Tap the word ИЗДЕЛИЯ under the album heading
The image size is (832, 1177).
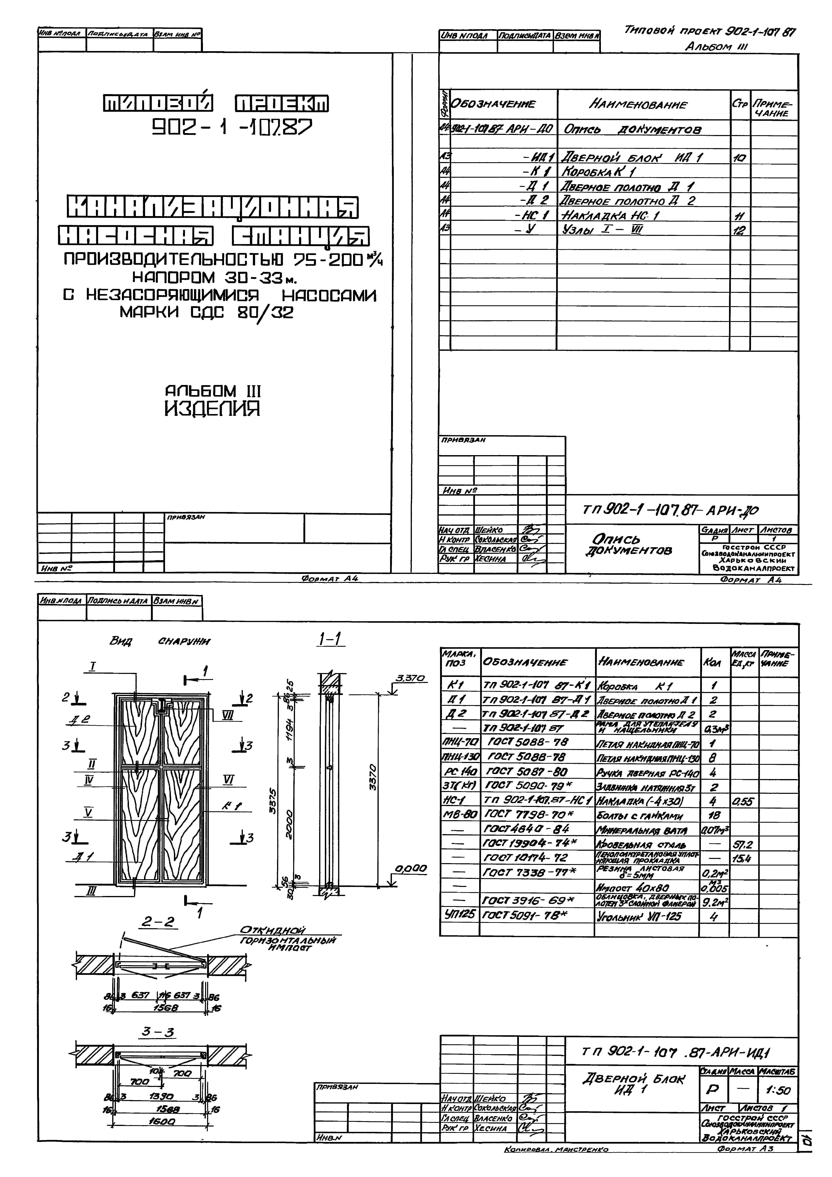point(212,409)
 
